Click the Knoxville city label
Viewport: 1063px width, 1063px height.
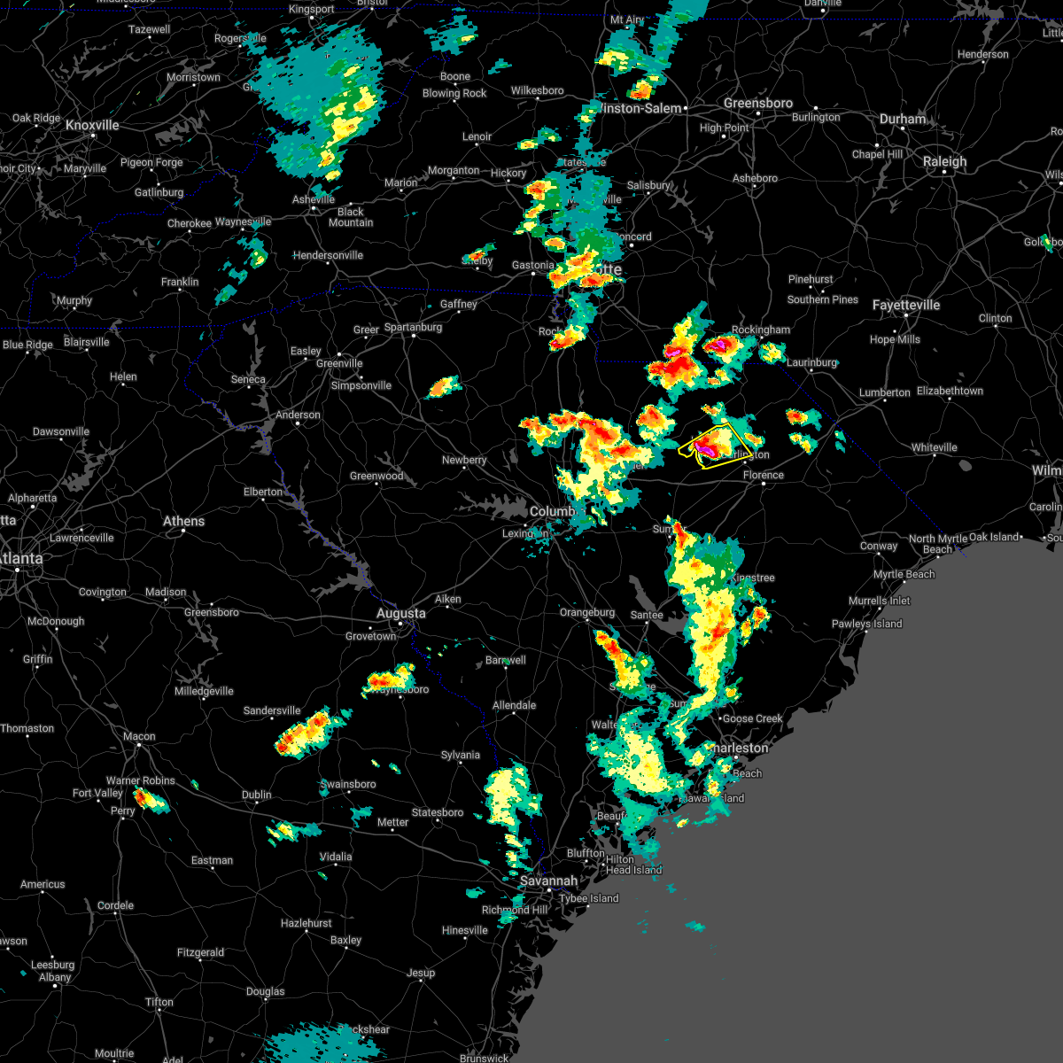92,126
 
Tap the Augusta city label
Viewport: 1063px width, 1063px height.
400,613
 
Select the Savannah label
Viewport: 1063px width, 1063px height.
548,881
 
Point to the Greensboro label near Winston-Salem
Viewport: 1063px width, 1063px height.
757,104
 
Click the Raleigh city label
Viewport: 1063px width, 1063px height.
944,162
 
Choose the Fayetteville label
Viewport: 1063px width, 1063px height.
905,306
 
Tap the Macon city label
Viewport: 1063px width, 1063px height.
139,736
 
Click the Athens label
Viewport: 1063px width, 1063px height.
183,521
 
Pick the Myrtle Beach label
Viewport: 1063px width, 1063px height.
904,574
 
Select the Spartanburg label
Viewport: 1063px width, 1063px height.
413,328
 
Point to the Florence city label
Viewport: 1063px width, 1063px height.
763,475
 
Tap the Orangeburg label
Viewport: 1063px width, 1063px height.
586,612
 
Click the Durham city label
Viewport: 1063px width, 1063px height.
903,120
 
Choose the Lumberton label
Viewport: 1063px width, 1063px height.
884,392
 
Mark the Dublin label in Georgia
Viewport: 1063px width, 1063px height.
257,795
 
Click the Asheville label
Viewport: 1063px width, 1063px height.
314,199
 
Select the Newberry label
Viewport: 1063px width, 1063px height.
464,460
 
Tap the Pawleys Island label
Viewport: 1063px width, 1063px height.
866,624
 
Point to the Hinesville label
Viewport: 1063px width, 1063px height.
464,930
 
